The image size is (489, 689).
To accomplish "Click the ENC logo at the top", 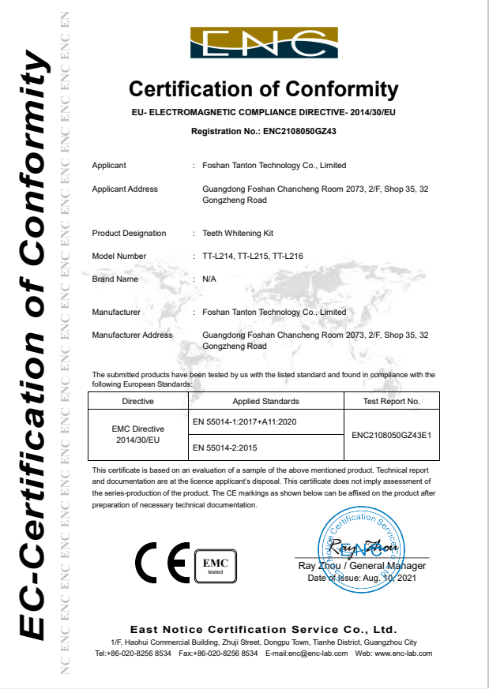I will click(x=264, y=43).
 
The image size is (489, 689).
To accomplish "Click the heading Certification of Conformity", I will click(x=264, y=88).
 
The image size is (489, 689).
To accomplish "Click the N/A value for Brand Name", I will click(x=209, y=279).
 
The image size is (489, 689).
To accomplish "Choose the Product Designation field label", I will click(x=129, y=234).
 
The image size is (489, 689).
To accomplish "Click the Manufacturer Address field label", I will click(x=132, y=335).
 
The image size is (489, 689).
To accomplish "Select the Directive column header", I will click(x=137, y=402).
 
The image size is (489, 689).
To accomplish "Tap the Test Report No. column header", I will click(x=390, y=402).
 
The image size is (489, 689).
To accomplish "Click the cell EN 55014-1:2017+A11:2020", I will click(x=244, y=422).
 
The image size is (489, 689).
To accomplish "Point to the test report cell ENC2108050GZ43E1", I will click(x=390, y=435).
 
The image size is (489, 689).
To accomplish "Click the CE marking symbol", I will click(x=162, y=561).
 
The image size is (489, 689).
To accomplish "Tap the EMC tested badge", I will click(x=216, y=564).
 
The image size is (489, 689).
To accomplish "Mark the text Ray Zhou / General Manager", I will click(x=362, y=566).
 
